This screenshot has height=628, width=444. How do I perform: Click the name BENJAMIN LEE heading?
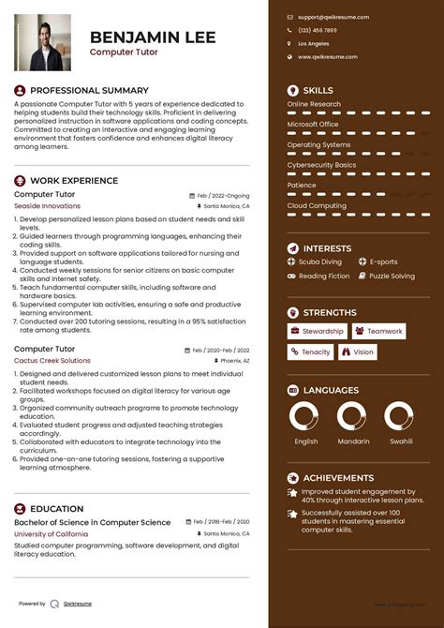click(153, 37)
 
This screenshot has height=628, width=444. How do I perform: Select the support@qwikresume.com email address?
click(333, 17)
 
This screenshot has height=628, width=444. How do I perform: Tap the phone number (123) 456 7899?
click(318, 30)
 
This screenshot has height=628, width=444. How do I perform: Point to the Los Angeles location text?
click(314, 43)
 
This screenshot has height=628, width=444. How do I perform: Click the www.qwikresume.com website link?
click(328, 56)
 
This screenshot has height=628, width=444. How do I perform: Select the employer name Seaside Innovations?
click(48, 205)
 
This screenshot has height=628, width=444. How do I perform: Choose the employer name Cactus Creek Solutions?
click(52, 360)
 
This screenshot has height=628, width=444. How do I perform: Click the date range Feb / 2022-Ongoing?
click(223, 195)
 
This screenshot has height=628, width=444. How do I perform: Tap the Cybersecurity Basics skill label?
click(321, 165)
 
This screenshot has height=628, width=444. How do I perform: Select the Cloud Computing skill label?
click(317, 205)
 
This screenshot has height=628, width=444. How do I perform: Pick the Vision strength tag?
click(358, 351)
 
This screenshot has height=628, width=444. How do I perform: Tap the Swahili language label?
click(401, 441)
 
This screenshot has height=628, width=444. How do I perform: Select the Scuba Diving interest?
click(319, 262)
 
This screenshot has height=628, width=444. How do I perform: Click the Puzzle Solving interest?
click(392, 276)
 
